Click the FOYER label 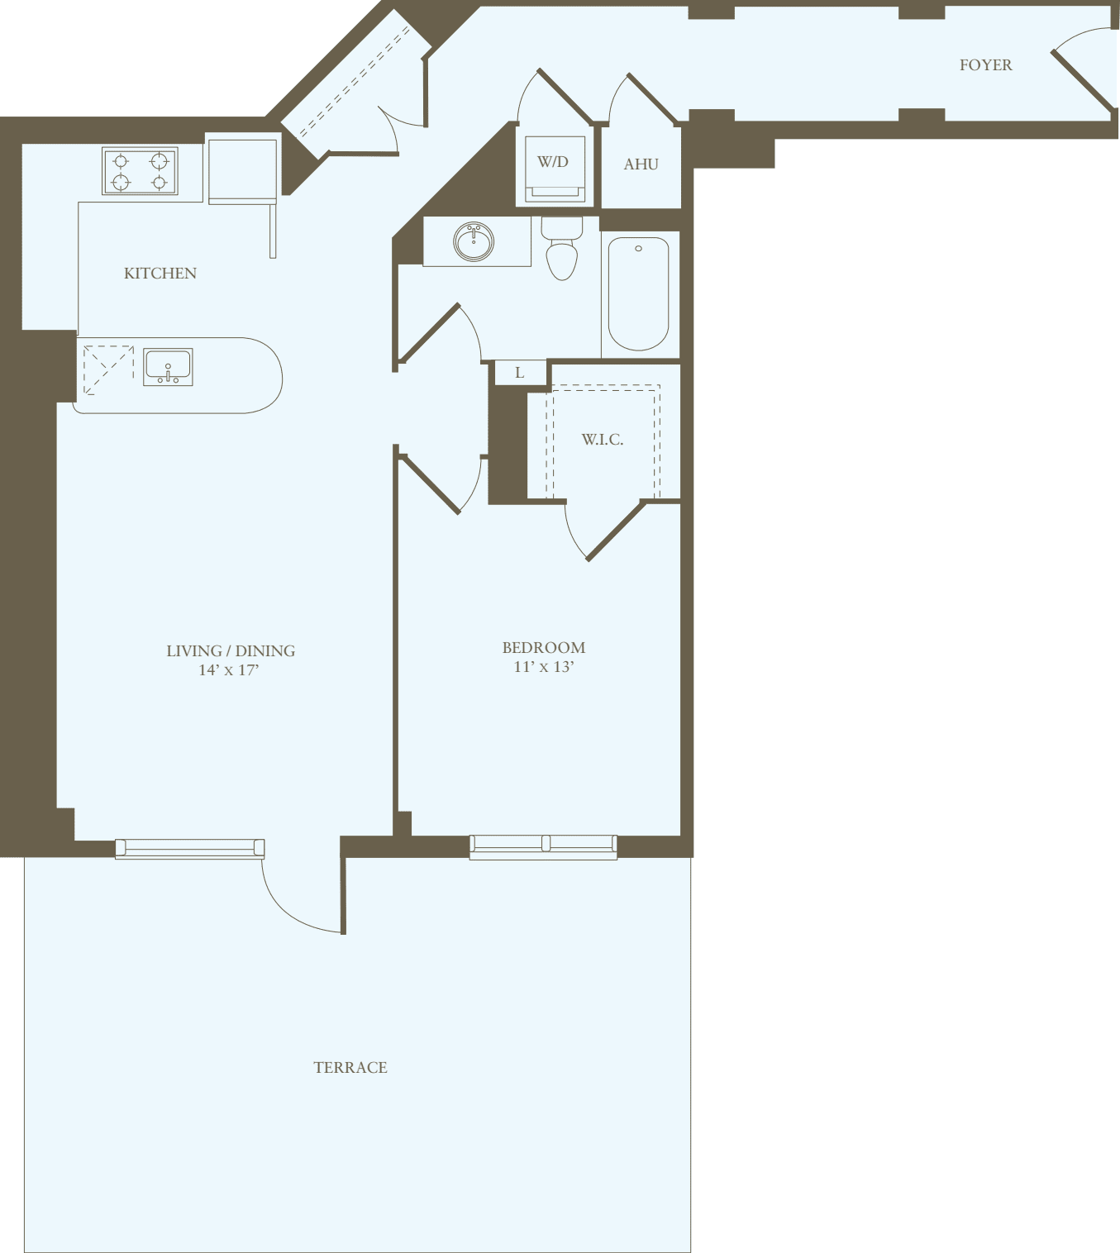point(985,65)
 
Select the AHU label point(641,164)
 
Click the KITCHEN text point(160,274)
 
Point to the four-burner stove point(140,171)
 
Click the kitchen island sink point(169,367)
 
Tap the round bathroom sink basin point(474,241)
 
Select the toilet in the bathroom point(562,251)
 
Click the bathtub point(638,293)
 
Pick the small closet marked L point(520,373)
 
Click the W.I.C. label point(603,440)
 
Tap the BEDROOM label point(543,648)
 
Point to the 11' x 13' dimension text point(543,667)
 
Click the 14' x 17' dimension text point(229,670)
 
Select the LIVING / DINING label point(231,651)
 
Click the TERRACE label point(350,1068)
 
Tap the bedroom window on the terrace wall point(543,846)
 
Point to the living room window point(190,848)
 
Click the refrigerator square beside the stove point(242,170)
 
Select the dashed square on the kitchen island point(108,369)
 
